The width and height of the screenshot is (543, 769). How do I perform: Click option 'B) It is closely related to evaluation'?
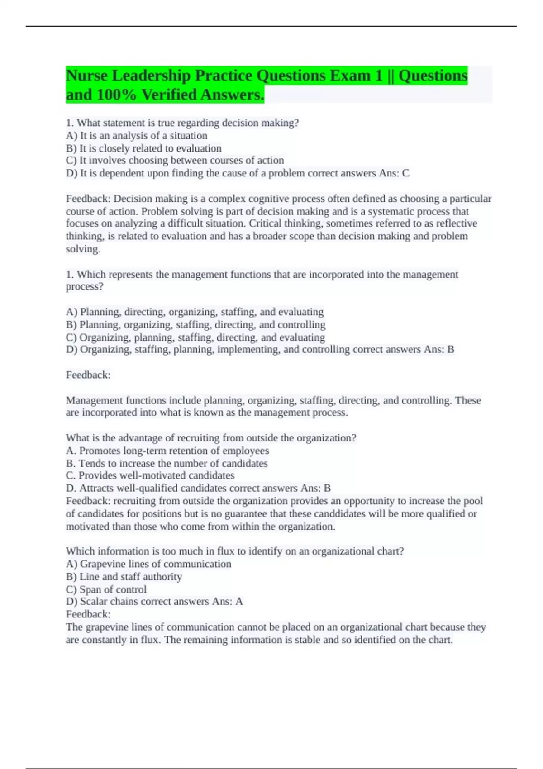(x=143, y=148)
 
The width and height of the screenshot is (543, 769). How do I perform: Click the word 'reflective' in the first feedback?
(x=456, y=223)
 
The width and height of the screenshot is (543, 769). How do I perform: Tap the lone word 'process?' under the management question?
(x=85, y=287)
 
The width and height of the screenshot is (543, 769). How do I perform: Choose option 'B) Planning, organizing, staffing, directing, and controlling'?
(x=195, y=325)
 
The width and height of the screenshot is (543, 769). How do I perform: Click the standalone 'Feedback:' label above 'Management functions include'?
(x=88, y=375)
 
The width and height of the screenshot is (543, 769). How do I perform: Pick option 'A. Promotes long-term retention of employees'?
(x=167, y=451)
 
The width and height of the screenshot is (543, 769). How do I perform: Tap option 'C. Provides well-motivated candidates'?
(x=150, y=475)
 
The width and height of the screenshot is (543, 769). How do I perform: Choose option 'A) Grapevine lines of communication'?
(x=148, y=564)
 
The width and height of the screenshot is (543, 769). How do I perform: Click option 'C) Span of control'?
(x=106, y=589)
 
